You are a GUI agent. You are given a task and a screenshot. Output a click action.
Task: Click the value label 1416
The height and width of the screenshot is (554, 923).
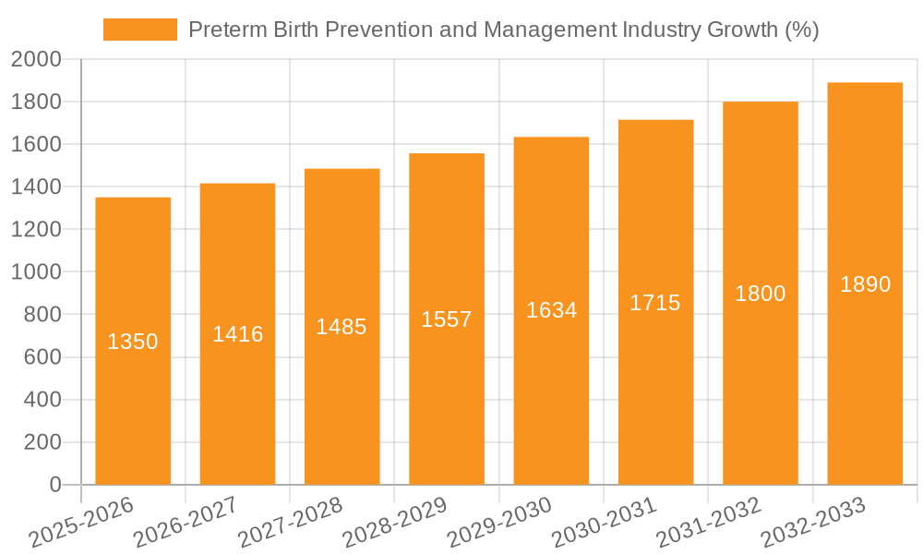coord(237,334)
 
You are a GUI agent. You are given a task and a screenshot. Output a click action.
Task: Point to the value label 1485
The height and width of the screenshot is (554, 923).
coord(342,326)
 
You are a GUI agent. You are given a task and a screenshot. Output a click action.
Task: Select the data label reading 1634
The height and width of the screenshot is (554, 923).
coord(551,310)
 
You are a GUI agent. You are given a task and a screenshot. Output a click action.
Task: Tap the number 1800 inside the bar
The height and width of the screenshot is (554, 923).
coord(760,294)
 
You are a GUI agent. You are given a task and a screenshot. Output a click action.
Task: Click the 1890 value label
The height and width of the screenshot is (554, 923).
coord(865,284)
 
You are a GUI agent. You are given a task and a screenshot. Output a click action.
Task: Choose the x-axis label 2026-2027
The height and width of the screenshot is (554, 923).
coord(186,523)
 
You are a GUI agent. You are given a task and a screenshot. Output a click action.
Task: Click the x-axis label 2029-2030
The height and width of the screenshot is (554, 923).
coord(499,523)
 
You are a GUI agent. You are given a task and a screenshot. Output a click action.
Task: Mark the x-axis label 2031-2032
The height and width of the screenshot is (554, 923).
coord(709,523)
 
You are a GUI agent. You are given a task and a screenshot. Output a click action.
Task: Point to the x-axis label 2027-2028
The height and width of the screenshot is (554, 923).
coord(290,523)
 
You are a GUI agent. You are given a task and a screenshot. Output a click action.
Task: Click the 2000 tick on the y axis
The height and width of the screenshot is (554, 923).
coord(36,60)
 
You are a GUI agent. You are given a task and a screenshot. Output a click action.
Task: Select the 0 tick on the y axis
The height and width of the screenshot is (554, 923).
coord(54,485)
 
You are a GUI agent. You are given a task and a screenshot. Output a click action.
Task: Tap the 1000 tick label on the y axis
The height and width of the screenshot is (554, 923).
coord(36,272)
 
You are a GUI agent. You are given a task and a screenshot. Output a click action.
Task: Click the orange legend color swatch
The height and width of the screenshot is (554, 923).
coord(139,30)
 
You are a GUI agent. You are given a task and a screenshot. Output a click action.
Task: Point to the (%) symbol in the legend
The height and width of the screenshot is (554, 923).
coord(801,30)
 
